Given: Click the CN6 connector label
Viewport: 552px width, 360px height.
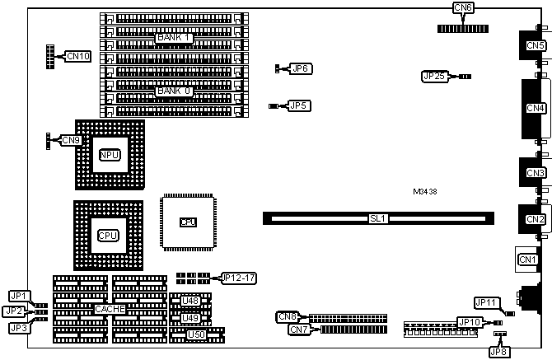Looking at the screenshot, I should [x=464, y=8].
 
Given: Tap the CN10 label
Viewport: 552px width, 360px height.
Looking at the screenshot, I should [x=77, y=56].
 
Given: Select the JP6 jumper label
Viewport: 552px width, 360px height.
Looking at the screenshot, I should [x=300, y=68].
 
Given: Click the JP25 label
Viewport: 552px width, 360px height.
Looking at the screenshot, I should [x=433, y=76].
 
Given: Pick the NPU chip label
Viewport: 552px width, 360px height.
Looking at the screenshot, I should [x=109, y=155].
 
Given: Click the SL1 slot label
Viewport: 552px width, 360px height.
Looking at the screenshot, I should [x=378, y=218].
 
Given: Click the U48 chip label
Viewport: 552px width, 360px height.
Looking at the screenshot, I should [x=190, y=301].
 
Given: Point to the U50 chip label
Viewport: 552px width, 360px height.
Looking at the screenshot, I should [x=195, y=334].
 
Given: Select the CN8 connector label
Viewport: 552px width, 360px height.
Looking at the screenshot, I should [x=287, y=316].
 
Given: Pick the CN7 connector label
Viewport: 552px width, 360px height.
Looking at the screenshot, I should [x=298, y=330].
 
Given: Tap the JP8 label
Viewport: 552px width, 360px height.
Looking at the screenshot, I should [x=498, y=352].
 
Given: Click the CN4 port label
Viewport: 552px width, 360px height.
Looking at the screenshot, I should [x=536, y=108].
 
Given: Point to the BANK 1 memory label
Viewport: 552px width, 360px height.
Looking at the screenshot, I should [x=174, y=38].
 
